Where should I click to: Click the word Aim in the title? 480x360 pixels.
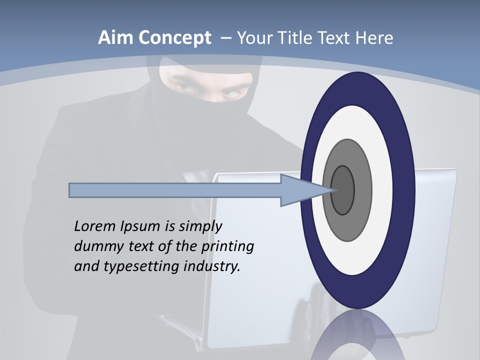116,38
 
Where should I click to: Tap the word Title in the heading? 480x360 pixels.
290,38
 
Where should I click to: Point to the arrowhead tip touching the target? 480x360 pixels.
332,190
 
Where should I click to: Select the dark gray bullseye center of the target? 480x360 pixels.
343,190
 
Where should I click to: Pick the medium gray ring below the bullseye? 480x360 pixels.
347,227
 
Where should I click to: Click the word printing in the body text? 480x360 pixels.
227,247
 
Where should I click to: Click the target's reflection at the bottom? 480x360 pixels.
357,337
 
